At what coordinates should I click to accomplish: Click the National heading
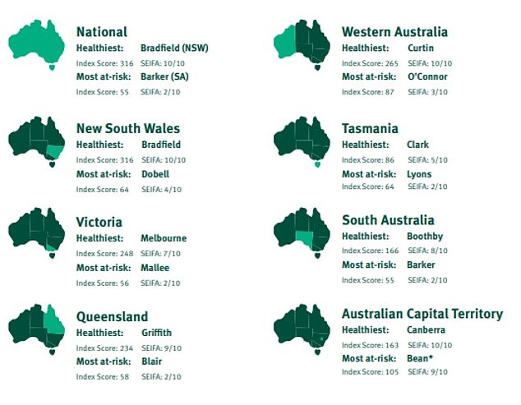(101, 31)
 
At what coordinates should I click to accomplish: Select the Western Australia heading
(394, 31)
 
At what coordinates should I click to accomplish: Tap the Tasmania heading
(370, 128)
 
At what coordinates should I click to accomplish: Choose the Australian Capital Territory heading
(422, 314)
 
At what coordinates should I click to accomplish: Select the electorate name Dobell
(154, 174)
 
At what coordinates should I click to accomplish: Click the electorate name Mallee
(154, 268)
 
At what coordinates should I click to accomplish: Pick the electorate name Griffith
(157, 333)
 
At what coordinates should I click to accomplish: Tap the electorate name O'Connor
(426, 77)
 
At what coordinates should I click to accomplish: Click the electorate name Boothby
(425, 237)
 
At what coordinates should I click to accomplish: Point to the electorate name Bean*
(421, 359)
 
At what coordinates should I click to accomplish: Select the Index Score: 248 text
(104, 253)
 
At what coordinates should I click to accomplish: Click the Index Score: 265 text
(369, 62)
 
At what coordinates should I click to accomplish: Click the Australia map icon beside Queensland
(36, 328)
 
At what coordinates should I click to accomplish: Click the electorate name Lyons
(419, 174)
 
